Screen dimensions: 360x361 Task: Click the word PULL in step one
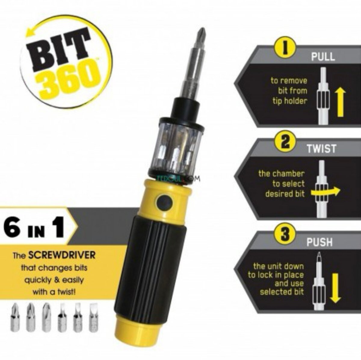[322, 56]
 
